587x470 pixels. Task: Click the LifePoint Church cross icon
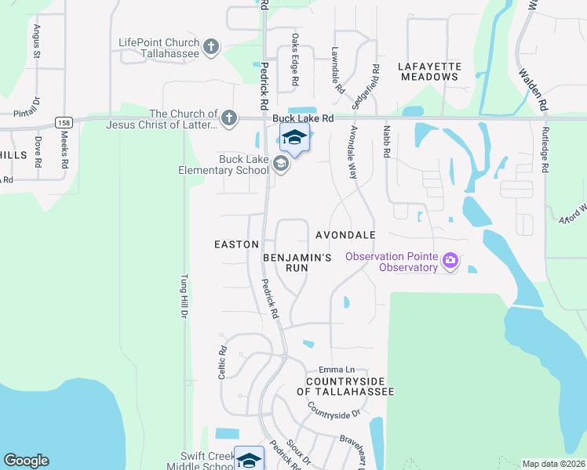coord(210,48)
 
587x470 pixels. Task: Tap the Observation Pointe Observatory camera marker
coord(450,261)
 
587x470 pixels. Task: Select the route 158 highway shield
coord(64,123)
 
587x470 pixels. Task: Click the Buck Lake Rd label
coord(304,118)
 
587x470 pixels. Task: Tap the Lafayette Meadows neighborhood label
coord(428,71)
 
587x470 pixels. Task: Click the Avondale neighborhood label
coord(345,235)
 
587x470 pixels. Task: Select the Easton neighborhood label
coord(236,244)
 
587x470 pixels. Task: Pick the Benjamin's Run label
coord(297,262)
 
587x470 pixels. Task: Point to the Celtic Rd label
coord(223,363)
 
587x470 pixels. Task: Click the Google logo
coord(25,461)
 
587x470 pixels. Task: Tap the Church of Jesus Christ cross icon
coord(228,118)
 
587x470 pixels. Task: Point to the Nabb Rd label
coord(386,142)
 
